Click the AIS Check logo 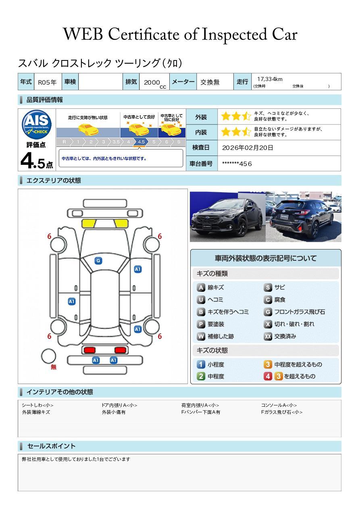click(37, 125)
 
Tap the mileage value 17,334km click(270, 79)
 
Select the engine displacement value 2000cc click(155, 83)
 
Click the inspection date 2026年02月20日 click(248, 148)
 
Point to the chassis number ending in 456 click(237, 164)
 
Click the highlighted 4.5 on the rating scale click(141, 142)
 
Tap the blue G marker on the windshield click(98, 261)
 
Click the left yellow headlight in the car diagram click(89, 224)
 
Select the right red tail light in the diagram click(120, 350)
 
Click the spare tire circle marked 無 click(48, 356)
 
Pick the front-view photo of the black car click(228, 216)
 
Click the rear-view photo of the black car click(304, 216)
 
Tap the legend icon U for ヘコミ click(201, 300)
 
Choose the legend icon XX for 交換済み click(268, 336)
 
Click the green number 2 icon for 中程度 click(201, 376)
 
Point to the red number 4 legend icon click(268, 376)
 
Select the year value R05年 click(47, 82)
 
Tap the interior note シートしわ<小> click(38, 405)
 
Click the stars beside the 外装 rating click(236, 116)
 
